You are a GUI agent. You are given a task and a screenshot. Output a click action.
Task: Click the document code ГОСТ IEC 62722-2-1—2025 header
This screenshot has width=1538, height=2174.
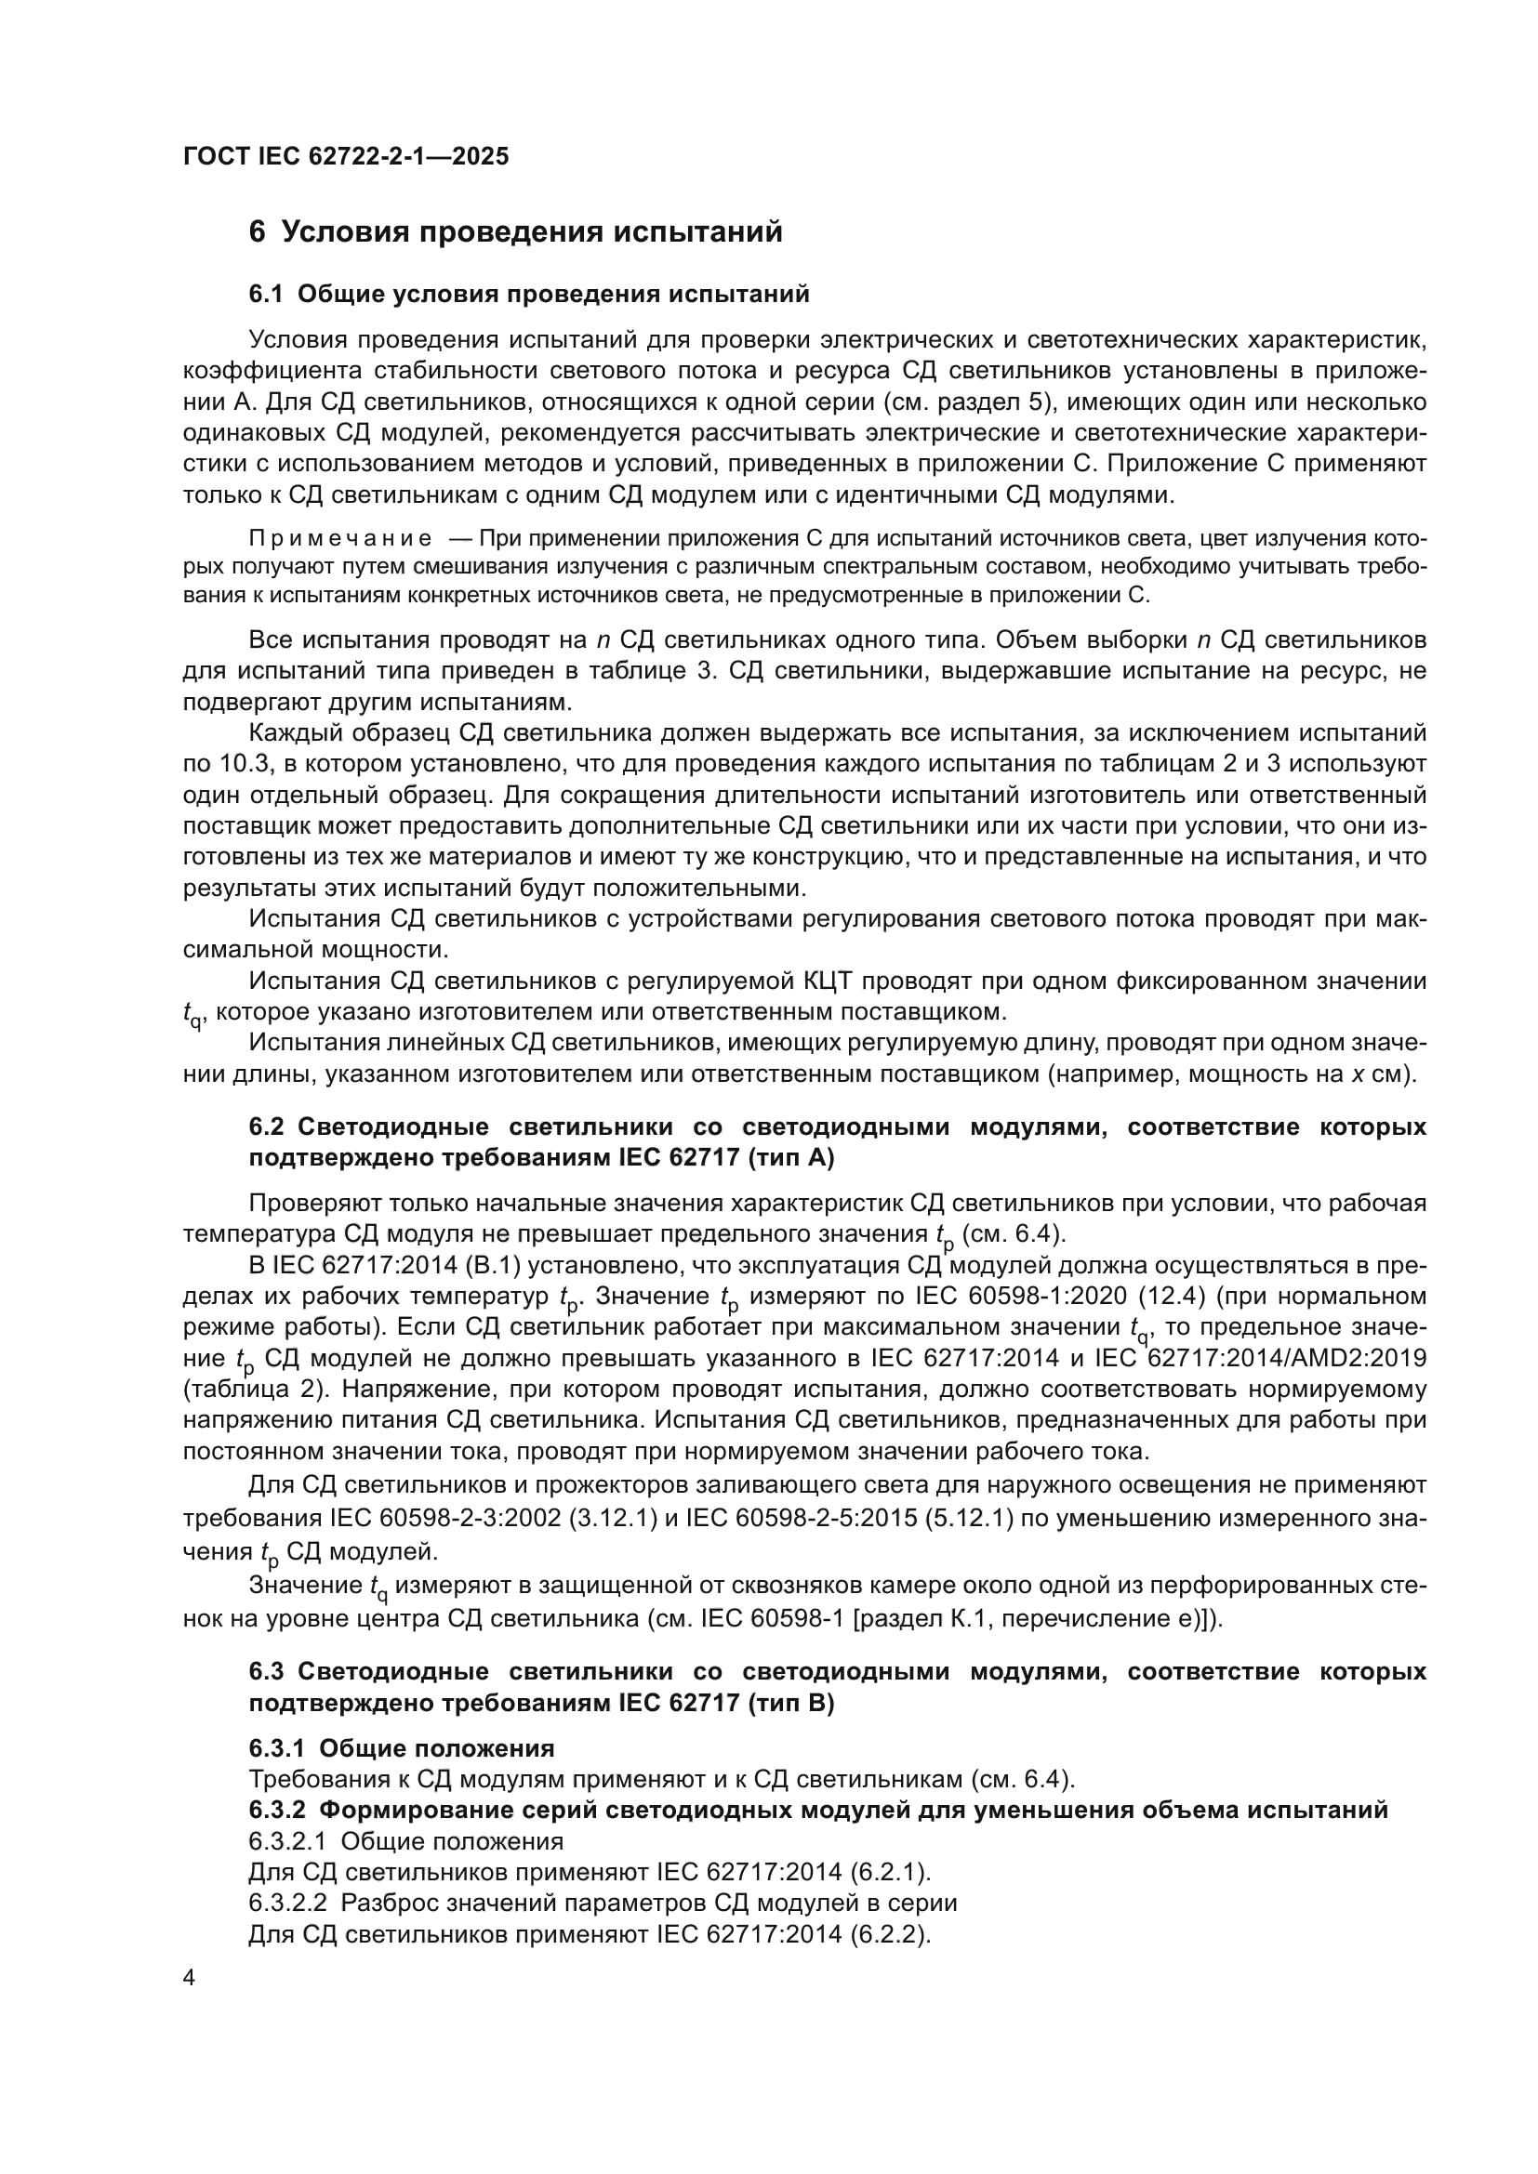pos(346,156)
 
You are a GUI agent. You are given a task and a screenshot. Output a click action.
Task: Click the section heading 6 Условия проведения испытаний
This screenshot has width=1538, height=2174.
pos(515,232)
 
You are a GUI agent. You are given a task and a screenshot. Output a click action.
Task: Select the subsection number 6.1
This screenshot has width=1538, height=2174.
pos(266,295)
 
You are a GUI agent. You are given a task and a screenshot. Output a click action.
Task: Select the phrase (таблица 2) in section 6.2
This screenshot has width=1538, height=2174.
pos(240,1389)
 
